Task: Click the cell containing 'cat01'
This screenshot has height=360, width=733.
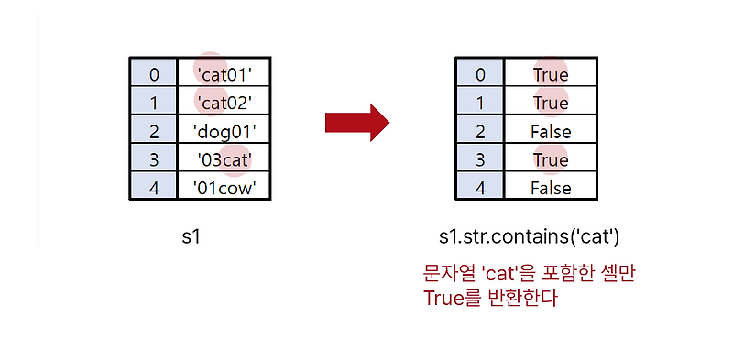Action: click(224, 72)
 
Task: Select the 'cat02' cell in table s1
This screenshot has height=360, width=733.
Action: click(224, 101)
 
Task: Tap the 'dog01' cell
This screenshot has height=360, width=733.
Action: click(224, 130)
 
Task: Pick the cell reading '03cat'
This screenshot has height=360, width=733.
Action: click(224, 159)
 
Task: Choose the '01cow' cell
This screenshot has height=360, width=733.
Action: click(224, 188)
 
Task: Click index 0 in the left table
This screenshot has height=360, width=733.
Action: click(153, 72)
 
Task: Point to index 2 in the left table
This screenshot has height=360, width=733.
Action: click(153, 130)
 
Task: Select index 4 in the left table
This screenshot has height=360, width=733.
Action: click(153, 188)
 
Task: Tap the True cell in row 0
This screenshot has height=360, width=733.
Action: click(550, 74)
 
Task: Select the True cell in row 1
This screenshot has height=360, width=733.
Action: click(550, 103)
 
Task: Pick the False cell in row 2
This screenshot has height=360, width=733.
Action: click(550, 132)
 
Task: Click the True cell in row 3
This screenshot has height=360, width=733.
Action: click(550, 160)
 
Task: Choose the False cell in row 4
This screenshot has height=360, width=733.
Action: click(550, 189)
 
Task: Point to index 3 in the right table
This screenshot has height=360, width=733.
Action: click(479, 160)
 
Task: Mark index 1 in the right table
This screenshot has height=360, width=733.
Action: click(479, 103)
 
